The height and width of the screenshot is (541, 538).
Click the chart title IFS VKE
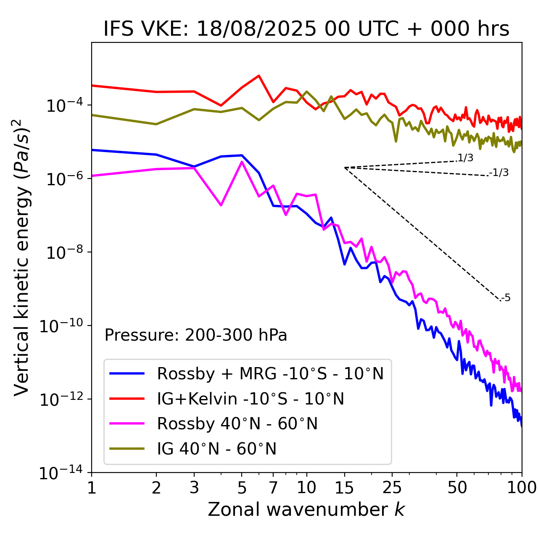[306, 29]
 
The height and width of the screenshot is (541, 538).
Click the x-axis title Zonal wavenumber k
[306, 509]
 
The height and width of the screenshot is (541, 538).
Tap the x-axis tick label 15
[344, 488]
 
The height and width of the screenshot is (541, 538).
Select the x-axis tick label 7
[273, 488]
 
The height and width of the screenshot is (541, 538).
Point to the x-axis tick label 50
[457, 488]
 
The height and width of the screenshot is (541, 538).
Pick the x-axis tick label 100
[521, 488]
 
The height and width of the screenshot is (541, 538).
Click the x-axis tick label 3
[194, 488]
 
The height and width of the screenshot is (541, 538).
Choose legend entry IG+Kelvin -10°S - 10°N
[251, 399]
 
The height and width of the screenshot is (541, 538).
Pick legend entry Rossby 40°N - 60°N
[237, 424]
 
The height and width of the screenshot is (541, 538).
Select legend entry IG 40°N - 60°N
[216, 449]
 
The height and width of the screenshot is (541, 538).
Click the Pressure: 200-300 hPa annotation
[195, 335]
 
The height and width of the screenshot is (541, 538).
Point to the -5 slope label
[506, 298]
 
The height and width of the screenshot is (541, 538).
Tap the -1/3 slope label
[499, 172]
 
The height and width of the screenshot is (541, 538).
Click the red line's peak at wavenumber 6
[259, 76]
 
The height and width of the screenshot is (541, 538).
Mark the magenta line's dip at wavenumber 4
[221, 205]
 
